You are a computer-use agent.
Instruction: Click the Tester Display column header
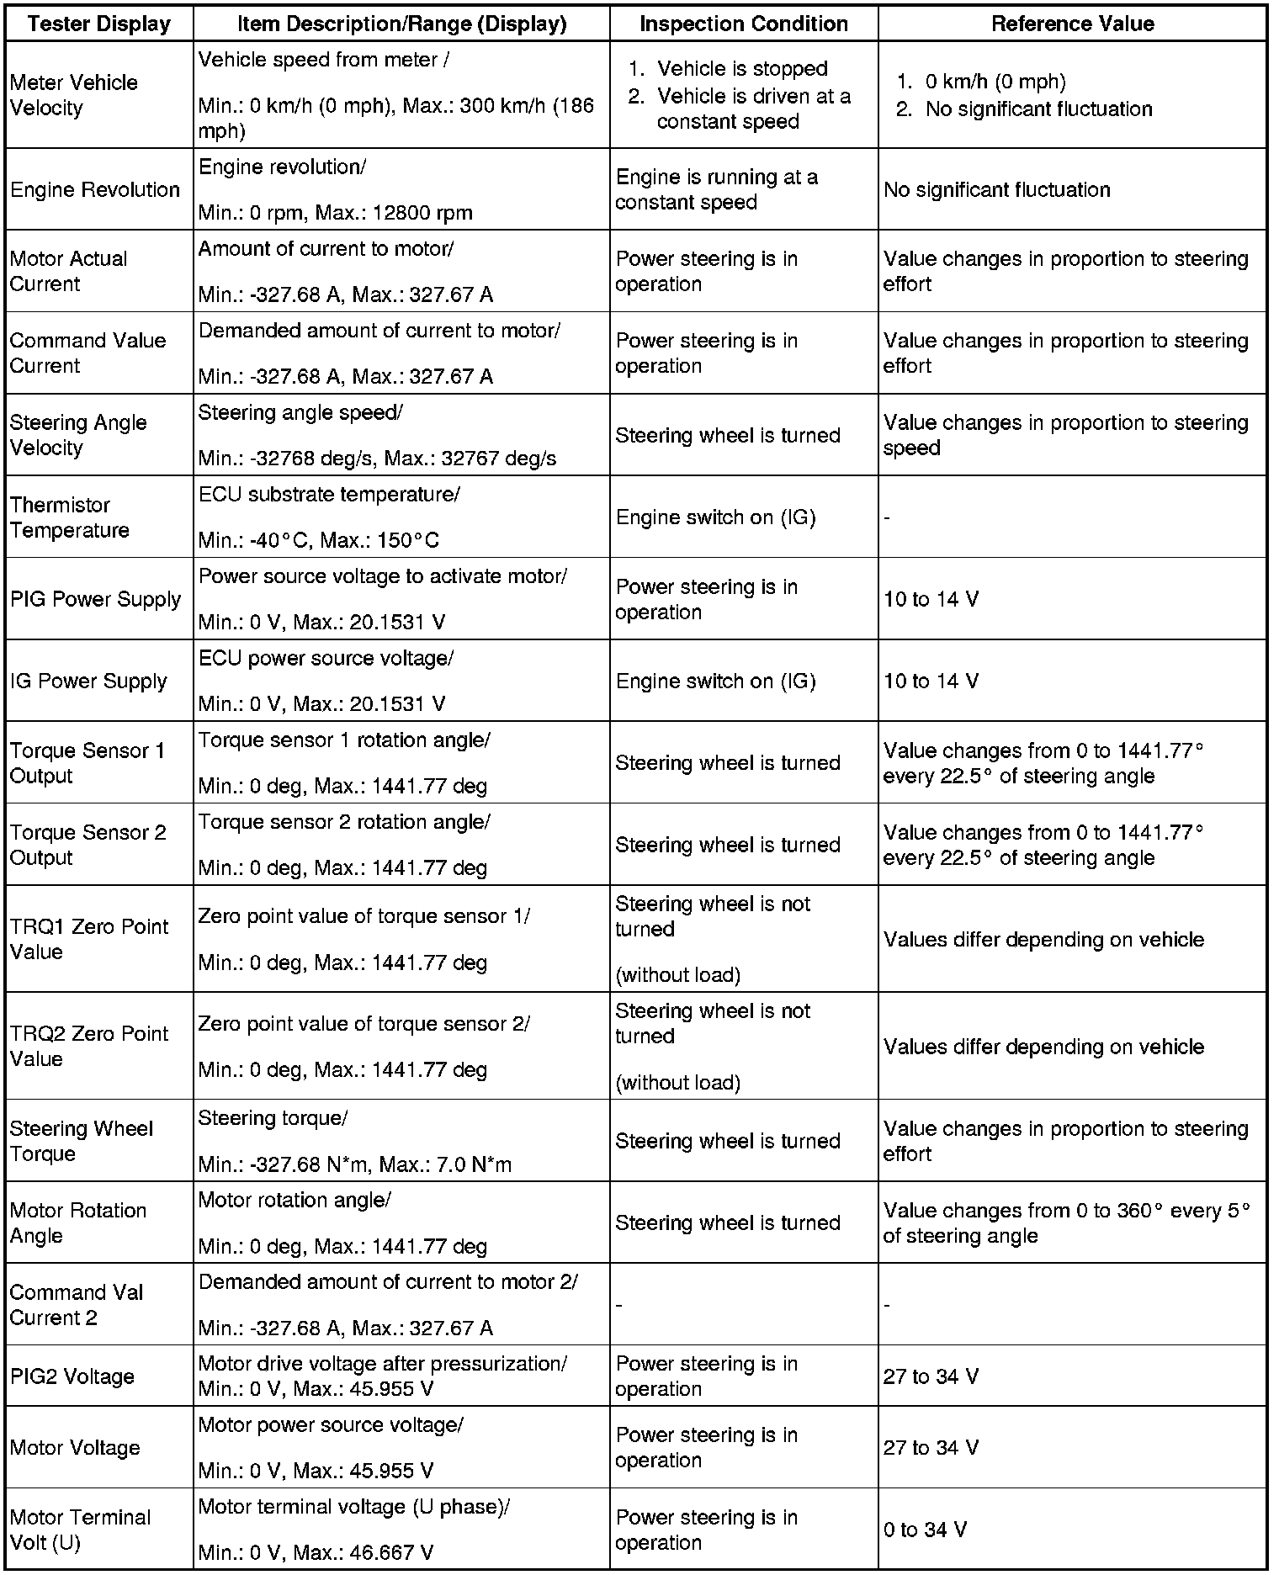tap(99, 24)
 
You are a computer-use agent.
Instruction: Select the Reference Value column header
tap(1072, 24)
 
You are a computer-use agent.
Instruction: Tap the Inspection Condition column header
tap(744, 24)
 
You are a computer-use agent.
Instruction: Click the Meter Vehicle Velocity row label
tap(74, 95)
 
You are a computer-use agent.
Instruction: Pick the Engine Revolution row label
tap(95, 190)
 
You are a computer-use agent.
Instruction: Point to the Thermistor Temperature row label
tap(70, 517)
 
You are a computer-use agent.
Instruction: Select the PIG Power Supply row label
tap(96, 599)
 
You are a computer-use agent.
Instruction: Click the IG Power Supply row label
tap(88, 681)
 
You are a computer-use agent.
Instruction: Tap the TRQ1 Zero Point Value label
tap(89, 939)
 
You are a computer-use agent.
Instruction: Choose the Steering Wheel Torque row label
tap(82, 1141)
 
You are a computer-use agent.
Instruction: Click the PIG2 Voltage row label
tap(72, 1376)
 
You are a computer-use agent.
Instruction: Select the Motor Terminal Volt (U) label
tap(80, 1530)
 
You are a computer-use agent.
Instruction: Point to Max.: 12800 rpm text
tap(394, 213)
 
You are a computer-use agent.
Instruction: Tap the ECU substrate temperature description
tap(329, 495)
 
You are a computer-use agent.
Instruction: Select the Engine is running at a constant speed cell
tap(716, 190)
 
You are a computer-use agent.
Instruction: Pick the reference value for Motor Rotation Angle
tap(1066, 1222)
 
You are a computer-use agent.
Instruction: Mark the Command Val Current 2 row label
tap(77, 1305)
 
